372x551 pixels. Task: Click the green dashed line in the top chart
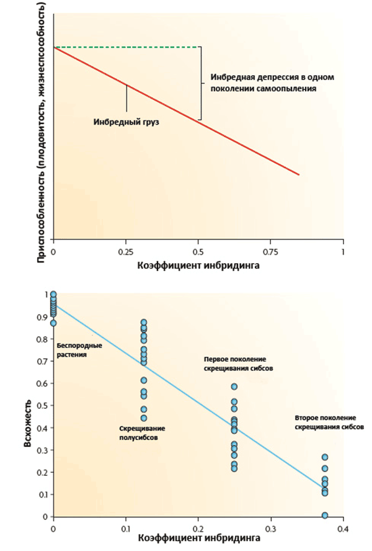[127, 47]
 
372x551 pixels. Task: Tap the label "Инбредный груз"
[126, 122]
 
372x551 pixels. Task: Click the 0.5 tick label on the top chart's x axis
[198, 251]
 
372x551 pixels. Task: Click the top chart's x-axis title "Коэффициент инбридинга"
[198, 265]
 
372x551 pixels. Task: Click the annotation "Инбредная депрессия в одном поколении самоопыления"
[272, 83]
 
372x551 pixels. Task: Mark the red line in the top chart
[176, 110]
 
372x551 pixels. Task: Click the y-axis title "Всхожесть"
[28, 423]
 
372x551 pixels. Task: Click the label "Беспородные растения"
[79, 350]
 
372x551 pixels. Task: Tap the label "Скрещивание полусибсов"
[142, 433]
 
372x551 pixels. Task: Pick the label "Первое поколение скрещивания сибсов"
[239, 364]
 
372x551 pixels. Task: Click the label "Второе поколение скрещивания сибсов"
[329, 423]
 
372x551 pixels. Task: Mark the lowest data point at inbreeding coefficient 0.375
[325, 515]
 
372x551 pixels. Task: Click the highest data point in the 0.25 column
[234, 387]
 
